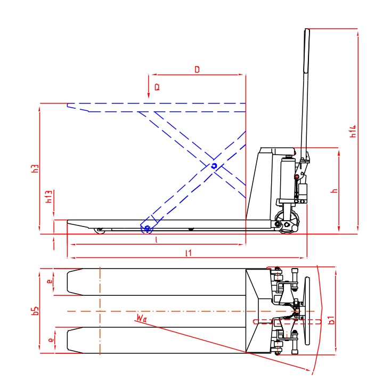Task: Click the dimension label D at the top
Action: [197, 69]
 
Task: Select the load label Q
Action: [157, 86]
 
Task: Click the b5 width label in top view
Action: [35, 310]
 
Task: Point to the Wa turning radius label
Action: [141, 318]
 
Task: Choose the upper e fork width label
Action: [50, 282]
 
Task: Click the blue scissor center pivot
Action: [214, 166]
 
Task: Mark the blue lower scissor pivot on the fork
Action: [146, 229]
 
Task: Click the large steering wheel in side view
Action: [289, 223]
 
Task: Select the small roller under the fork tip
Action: [99, 231]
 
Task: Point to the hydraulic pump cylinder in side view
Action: [287, 176]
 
